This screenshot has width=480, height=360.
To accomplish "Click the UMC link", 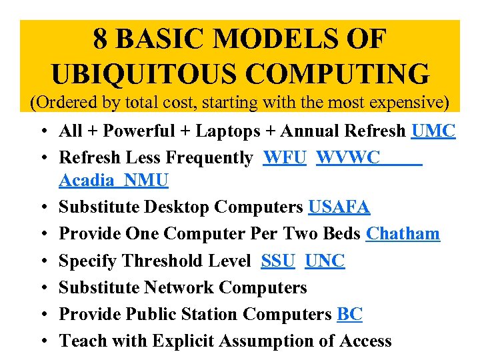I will click(433, 131).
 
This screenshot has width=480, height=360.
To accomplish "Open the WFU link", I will click(285, 158).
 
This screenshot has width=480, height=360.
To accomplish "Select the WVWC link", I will click(348, 158).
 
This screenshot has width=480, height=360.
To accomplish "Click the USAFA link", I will click(339, 207).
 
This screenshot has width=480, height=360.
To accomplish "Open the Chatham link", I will click(403, 234).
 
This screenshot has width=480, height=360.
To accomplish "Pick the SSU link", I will click(278, 261).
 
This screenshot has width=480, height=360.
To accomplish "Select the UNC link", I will click(325, 261).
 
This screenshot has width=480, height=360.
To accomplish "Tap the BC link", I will click(350, 314).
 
